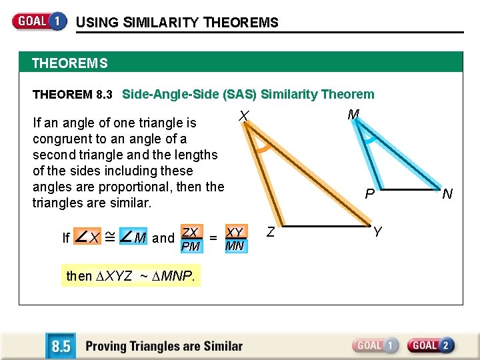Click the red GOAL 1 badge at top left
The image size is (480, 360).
tap(39, 21)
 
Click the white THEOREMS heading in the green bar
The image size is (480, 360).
tap(69, 64)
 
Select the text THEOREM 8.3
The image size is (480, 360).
tap(72, 95)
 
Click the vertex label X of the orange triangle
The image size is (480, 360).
tap(244, 117)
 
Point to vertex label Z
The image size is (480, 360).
tap(271, 232)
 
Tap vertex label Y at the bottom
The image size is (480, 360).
tap(377, 232)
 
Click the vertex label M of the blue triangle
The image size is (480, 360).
tap(353, 115)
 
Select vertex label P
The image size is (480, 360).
tap(369, 195)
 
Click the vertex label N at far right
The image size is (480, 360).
tap(447, 194)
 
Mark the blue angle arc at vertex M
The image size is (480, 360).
tap(369, 138)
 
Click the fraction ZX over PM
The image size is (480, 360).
tap(191, 239)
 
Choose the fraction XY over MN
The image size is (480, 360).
tap(235, 239)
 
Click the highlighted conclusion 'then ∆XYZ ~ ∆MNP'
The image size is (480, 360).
tap(131, 275)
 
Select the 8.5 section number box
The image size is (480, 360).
tap(61, 346)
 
